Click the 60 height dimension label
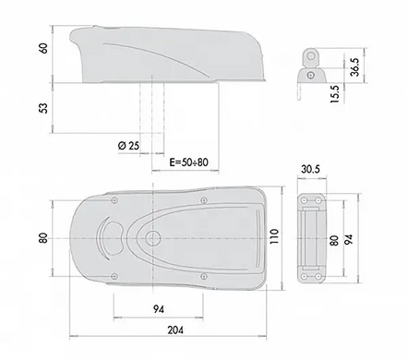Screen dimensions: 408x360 [x=44, y=48]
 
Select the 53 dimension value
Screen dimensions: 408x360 [x=44, y=108]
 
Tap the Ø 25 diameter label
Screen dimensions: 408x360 [x=128, y=145]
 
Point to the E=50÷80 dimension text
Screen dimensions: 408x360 [x=189, y=162]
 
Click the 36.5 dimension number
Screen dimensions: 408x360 [x=354, y=66]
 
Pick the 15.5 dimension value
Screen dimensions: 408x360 [x=335, y=94]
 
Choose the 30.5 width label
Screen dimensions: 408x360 [x=311, y=169]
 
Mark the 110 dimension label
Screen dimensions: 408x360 [x=274, y=236]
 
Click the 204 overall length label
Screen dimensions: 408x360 [x=175, y=330]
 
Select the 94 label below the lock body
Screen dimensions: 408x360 [x=158, y=309]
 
